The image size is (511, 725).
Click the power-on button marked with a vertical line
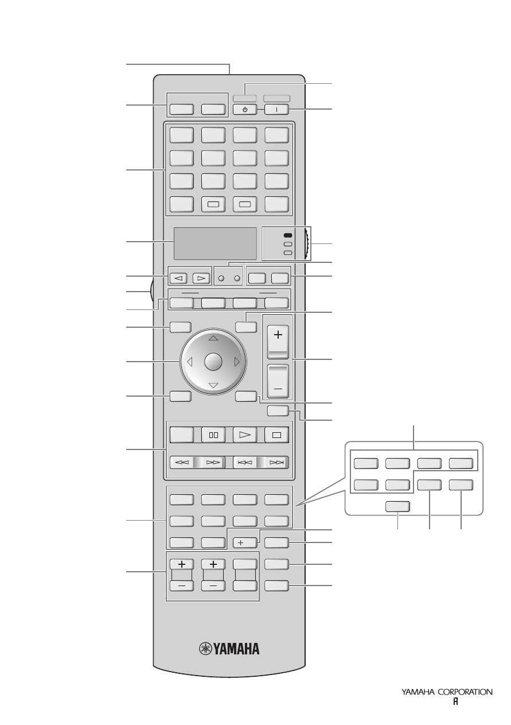276,110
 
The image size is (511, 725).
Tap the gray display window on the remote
216,243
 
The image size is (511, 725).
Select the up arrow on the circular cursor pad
213,338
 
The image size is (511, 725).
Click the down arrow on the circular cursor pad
213,385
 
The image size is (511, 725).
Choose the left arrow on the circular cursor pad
189,362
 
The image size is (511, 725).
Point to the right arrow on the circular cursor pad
237,362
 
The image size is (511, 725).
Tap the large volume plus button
278,342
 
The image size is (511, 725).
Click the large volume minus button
278,381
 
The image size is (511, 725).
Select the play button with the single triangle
245,435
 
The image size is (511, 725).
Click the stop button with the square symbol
276,435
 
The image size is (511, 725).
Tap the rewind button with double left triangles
182,462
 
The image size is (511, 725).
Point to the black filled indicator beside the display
288,235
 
